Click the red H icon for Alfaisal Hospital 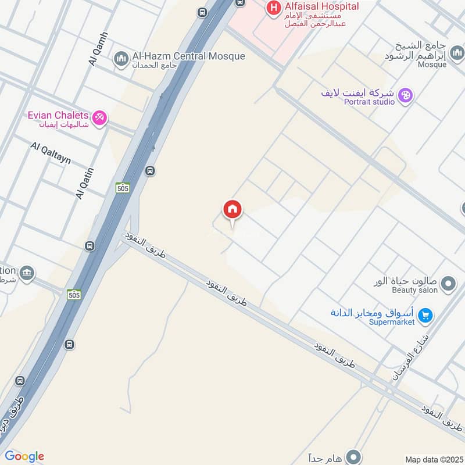point(271,8)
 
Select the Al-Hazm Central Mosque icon point(121,59)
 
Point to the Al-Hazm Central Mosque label point(189,56)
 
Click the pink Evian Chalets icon point(100,118)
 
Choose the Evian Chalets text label point(58,115)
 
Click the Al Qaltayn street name point(51,152)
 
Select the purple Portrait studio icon point(406,95)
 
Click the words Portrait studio point(369,102)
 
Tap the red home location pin point(233,210)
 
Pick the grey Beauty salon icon point(448,284)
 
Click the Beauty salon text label point(413,289)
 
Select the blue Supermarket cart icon point(425,316)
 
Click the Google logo point(24,456)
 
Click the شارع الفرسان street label point(411,356)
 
